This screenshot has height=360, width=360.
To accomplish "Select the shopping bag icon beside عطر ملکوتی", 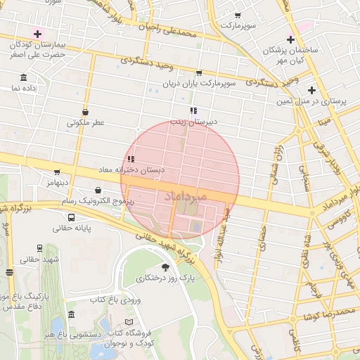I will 86,111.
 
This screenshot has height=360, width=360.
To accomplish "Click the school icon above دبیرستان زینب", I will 193,110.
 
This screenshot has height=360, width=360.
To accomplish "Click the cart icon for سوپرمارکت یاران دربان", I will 199,72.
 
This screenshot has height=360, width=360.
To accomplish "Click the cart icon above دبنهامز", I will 57,172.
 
